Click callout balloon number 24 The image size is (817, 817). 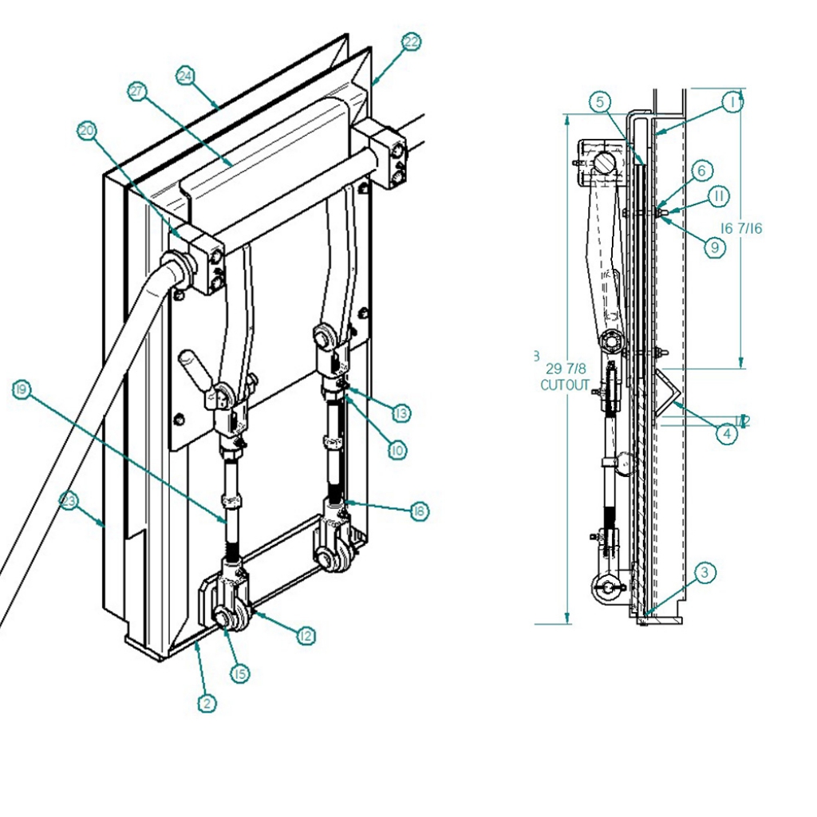(185, 76)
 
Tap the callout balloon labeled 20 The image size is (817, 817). (88, 130)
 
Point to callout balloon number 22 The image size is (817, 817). (411, 42)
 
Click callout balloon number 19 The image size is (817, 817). (22, 389)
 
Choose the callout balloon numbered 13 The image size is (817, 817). (401, 413)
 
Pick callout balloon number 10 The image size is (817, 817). (397, 450)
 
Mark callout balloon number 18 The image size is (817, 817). (419, 511)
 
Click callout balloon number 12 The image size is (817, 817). (306, 636)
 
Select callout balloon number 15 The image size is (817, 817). (239, 673)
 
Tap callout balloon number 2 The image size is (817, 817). (207, 703)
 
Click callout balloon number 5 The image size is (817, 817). (602, 101)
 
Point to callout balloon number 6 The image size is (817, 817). (700, 170)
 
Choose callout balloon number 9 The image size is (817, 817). (714, 247)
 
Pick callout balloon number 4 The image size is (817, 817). (726, 435)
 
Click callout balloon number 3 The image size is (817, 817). (705, 572)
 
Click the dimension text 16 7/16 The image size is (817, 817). (741, 228)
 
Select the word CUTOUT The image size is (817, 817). (565, 385)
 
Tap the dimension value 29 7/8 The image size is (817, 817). (566, 369)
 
